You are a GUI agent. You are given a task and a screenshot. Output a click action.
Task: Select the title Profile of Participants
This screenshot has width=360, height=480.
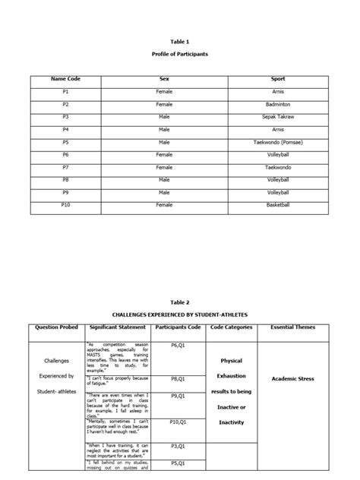pyautogui.click(x=180, y=55)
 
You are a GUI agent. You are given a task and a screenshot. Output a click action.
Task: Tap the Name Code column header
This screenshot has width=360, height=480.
pyautogui.click(x=65, y=79)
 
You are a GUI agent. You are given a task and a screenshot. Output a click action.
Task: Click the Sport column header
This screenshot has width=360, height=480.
pyautogui.click(x=278, y=79)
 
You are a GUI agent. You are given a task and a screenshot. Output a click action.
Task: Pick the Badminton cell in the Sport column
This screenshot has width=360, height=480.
pyautogui.click(x=278, y=104)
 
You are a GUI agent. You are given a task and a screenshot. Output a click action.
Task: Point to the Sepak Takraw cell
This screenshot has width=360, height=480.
pyautogui.click(x=278, y=117)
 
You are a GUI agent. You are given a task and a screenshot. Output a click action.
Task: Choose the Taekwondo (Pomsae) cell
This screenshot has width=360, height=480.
pyautogui.click(x=278, y=142)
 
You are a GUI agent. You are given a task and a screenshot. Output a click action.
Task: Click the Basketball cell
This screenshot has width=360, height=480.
pyautogui.click(x=278, y=206)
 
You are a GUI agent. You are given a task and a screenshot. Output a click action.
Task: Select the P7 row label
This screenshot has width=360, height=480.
pyautogui.click(x=65, y=168)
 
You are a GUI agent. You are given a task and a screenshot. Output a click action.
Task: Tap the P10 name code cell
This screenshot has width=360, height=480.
pyautogui.click(x=65, y=206)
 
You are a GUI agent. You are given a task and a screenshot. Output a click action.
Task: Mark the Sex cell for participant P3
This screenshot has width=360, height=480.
pyautogui.click(x=164, y=117)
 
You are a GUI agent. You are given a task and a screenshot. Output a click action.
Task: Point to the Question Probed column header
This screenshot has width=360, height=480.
pyautogui.click(x=58, y=327)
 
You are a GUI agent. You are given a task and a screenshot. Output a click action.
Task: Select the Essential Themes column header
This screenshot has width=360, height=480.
pyautogui.click(x=293, y=327)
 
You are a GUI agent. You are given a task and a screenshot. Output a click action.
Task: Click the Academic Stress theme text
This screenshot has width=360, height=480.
pyautogui.click(x=293, y=377)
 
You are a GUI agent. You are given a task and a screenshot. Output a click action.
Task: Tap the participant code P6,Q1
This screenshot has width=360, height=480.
pyautogui.click(x=178, y=346)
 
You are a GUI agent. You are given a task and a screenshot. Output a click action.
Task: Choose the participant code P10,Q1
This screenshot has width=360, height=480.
pyautogui.click(x=178, y=422)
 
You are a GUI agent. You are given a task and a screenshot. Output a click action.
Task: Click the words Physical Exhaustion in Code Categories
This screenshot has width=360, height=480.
pyautogui.click(x=231, y=368)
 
